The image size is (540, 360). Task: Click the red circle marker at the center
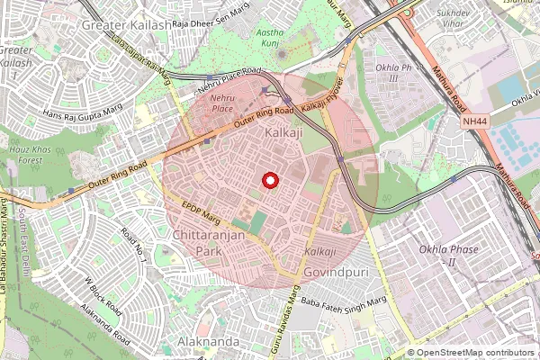pyautogui.click(x=268, y=180)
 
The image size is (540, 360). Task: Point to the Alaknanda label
pyautogui.click(x=208, y=342)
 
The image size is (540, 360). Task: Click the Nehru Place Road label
pyautogui.click(x=229, y=78)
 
